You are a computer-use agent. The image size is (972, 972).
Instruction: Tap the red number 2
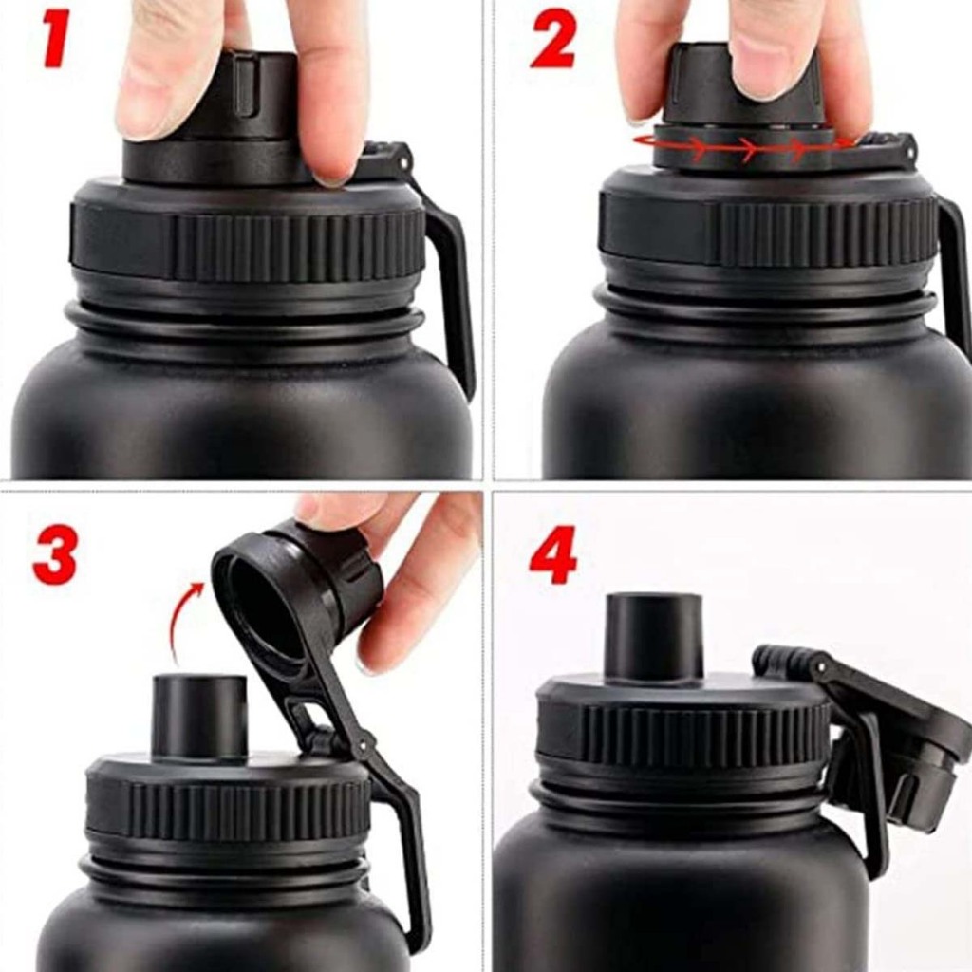pos(553,42)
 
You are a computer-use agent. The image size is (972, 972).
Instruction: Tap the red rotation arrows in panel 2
pos(744,146)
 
